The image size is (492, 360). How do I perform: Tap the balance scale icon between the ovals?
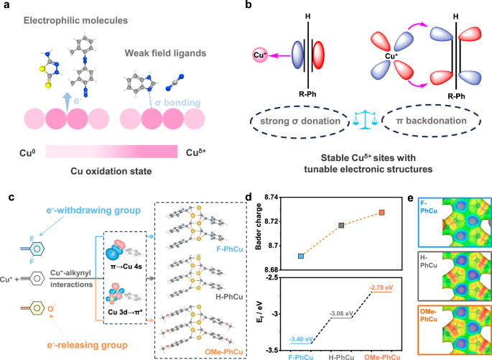[361, 122]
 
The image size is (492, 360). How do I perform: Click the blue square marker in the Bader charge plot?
[300, 256]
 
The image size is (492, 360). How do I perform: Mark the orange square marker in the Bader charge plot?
[382, 213]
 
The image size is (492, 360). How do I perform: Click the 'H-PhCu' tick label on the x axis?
[341, 356]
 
